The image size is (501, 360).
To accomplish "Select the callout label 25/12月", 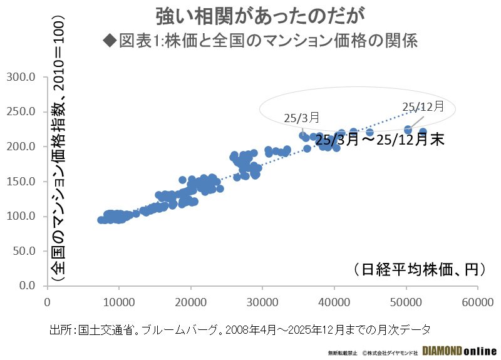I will (x=423, y=106).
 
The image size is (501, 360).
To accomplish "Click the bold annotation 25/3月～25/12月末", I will (x=380, y=140).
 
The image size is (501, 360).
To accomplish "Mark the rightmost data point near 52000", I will (x=423, y=132).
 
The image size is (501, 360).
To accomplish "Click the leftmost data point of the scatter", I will (x=101, y=220).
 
